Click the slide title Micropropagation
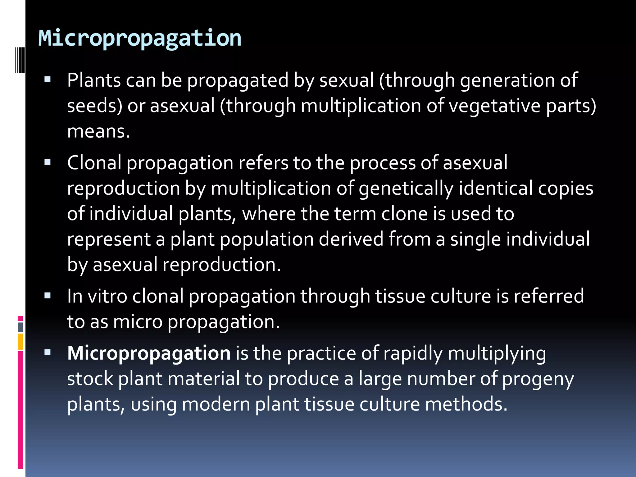pos(140,38)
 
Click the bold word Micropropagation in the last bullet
pos(149,354)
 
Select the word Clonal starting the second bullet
pos(94,163)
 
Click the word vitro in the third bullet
pos(107,296)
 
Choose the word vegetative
pos(495,106)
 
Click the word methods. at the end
pos(466,404)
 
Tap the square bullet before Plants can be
pos(48,79)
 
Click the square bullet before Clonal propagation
pos(48,162)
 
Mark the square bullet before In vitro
pos(48,295)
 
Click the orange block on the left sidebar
pos(20,342)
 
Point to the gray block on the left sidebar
pos(20,327)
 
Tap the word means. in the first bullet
pos(98,131)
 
